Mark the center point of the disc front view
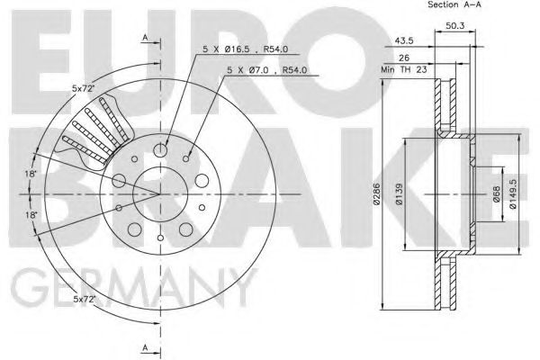[160, 194]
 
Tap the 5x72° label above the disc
[85, 88]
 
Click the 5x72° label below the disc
[85, 298]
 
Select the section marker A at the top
[145, 37]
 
